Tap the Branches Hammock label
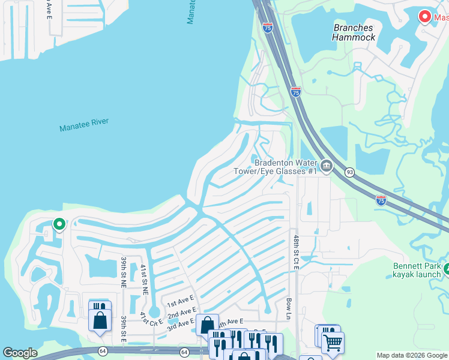[x=354, y=32]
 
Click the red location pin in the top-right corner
[x=425, y=17]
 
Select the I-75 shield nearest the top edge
[x=268, y=27]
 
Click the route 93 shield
[x=349, y=173]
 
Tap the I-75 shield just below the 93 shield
[x=381, y=200]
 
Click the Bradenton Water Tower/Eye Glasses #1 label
[x=286, y=167]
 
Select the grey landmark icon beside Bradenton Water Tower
[x=326, y=166]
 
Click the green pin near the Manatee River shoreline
[x=59, y=224]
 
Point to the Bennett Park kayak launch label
[x=417, y=270]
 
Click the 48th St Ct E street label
[x=296, y=253]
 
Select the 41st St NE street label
[x=144, y=279]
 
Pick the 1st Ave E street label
[x=181, y=301]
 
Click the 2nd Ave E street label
[x=181, y=312]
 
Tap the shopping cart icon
[x=333, y=342]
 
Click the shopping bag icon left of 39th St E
[x=100, y=319]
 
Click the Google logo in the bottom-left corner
[x=20, y=353]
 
